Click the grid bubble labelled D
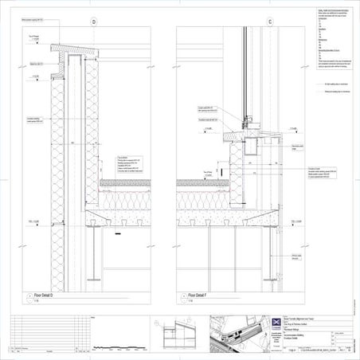tap(95, 22)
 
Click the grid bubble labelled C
tap(270, 22)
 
